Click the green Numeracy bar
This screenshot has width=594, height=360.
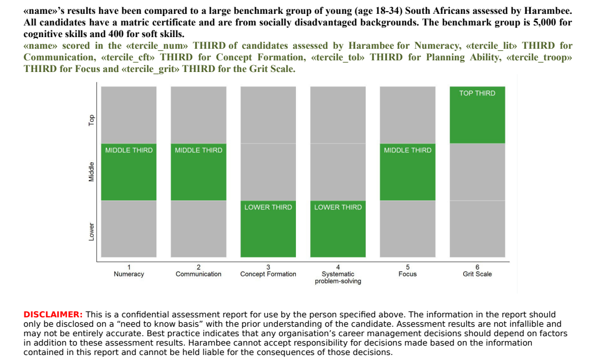coord(129,172)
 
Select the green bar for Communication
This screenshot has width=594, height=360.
coord(198,172)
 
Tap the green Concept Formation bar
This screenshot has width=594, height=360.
coord(268,229)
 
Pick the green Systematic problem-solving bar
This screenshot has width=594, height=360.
coord(338,229)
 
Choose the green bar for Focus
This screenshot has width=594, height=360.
coord(408,172)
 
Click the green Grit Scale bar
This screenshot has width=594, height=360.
coord(477,115)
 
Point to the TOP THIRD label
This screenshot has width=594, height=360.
coord(477,93)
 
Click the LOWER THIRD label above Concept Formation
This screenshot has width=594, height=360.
coord(268,207)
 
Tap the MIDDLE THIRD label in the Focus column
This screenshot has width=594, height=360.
coord(408,150)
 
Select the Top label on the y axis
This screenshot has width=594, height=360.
coord(91,120)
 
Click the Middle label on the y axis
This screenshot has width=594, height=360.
coord(91,172)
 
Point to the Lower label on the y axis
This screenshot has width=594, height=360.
coord(91,232)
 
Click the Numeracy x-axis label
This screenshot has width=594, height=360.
coord(129,274)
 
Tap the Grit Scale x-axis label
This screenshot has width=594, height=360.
coord(477,274)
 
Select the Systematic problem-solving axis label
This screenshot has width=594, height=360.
coord(338,277)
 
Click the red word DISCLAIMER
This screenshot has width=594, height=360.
coord(53,315)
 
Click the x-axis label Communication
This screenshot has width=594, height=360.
coord(198,274)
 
